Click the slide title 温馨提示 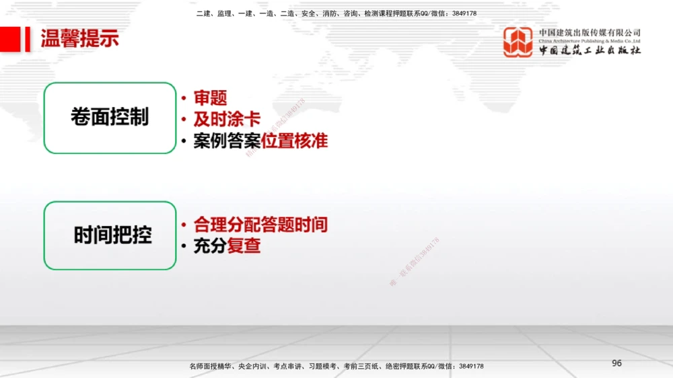click(79, 39)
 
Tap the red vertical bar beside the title click(28, 39)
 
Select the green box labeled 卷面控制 click(110, 118)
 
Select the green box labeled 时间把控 click(110, 235)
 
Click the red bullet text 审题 click(210, 98)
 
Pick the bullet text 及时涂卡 click(227, 120)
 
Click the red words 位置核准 click(294, 141)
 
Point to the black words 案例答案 click(227, 141)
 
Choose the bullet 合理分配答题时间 click(260, 225)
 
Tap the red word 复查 click(244, 246)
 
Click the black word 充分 click(209, 246)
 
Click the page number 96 click(616, 363)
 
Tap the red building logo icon click(518, 42)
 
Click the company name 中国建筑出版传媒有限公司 click(590, 32)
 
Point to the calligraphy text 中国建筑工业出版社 click(590, 50)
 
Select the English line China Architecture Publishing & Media click(590, 41)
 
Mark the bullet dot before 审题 click(183, 99)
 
